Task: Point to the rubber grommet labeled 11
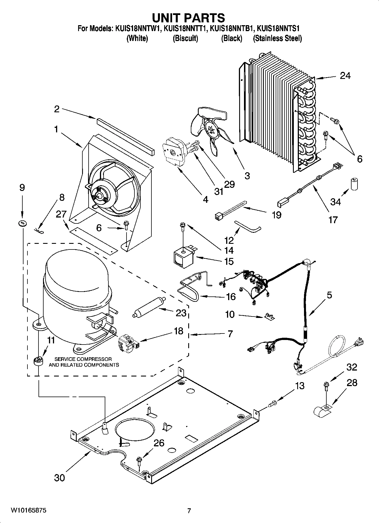click(x=38, y=361)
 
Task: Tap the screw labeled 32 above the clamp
click(x=326, y=386)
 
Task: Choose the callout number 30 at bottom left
click(x=59, y=477)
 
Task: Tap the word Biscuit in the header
click(x=185, y=38)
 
